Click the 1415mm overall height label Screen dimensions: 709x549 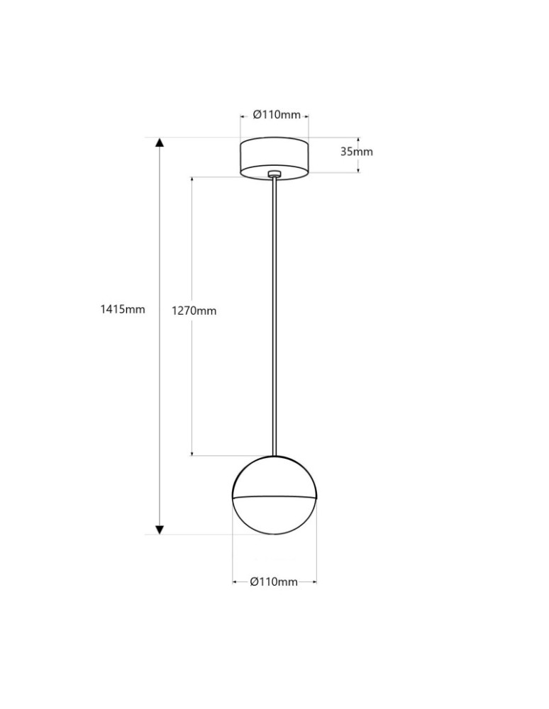[x=123, y=309]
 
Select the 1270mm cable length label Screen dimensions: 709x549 [x=194, y=311]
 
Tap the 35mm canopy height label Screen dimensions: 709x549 [x=356, y=151]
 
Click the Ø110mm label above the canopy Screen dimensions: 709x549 [x=277, y=115]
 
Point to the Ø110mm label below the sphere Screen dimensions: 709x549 [x=274, y=582]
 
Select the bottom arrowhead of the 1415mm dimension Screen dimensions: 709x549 [x=160, y=529]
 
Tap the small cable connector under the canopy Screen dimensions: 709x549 [x=274, y=172]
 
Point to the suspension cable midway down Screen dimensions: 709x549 [x=274, y=312]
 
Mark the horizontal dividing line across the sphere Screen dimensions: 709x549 [x=274, y=498]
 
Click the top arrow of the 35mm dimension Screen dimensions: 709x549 [x=358, y=140]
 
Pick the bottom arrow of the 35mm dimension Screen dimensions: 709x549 [x=358, y=169]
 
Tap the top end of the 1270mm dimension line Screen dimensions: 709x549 [x=192, y=178]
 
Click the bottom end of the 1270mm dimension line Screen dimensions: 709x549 [x=192, y=454]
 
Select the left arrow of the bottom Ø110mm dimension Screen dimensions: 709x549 [x=235, y=582]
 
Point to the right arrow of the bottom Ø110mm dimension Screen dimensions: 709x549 [x=314, y=582]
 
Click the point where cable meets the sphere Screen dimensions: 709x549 [x=274, y=455]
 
